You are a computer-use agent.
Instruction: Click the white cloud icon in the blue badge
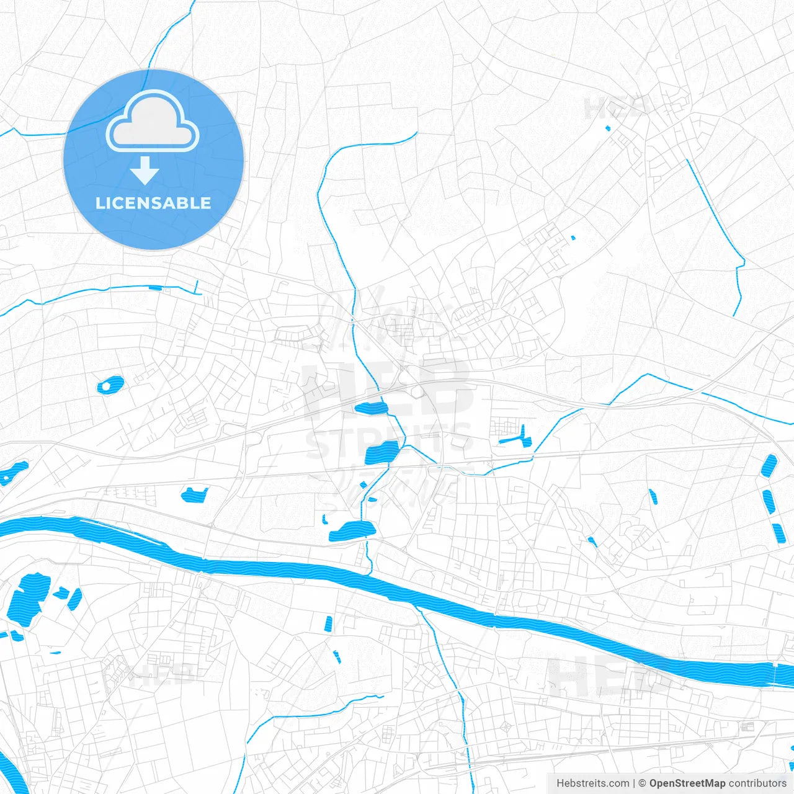click(x=153, y=122)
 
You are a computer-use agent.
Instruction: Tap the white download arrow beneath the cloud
click(x=145, y=171)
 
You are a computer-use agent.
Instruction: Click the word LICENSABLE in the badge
click(x=153, y=203)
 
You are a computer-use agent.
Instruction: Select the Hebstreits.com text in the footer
click(x=592, y=783)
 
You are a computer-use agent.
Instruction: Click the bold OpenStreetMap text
click(x=687, y=783)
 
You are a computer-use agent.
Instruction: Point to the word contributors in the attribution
click(x=757, y=783)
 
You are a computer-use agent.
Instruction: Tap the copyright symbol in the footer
click(x=642, y=783)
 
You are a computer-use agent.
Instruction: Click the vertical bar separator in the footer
click(x=634, y=783)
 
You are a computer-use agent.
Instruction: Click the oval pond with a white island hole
click(x=110, y=385)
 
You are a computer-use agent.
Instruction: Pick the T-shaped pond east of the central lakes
click(x=518, y=438)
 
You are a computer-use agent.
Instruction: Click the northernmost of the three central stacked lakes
click(x=371, y=408)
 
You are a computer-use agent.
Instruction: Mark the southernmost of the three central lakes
click(x=353, y=530)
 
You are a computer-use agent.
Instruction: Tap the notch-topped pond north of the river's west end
click(x=194, y=494)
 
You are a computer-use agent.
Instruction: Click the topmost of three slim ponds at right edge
click(x=769, y=465)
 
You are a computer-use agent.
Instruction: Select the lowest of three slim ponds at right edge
click(x=779, y=533)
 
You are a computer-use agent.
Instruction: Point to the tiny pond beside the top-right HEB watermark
click(x=608, y=128)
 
